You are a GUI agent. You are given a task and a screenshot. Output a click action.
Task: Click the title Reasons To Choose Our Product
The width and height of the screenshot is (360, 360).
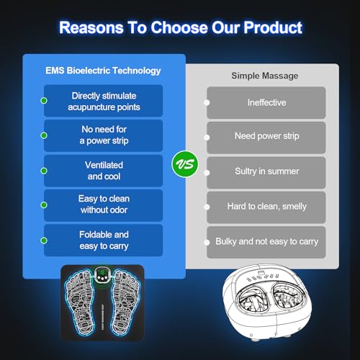(x=180, y=28)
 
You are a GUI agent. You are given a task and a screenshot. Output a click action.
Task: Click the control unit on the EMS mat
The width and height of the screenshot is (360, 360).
(x=104, y=278)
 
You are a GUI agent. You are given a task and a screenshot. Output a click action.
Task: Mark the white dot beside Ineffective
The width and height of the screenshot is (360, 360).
(x=207, y=103)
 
